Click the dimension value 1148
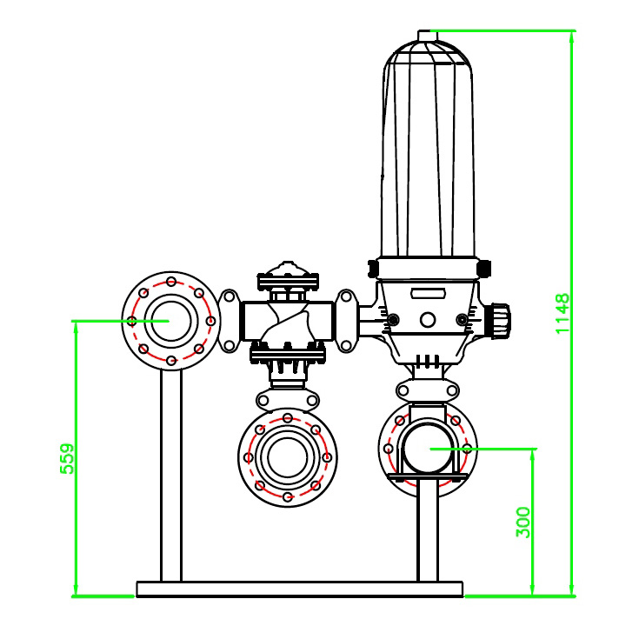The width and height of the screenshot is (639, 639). [562, 313]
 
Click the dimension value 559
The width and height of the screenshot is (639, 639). [67, 458]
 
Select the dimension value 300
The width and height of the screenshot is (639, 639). [523, 522]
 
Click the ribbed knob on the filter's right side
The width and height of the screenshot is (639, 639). [500, 321]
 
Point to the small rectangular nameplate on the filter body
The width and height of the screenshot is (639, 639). [428, 294]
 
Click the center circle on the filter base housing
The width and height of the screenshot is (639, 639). [428, 320]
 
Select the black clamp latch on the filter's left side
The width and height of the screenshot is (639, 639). [373, 269]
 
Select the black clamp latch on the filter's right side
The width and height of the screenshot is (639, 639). [483, 269]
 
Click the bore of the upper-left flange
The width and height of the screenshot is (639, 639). [171, 321]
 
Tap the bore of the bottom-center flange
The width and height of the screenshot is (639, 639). [287, 457]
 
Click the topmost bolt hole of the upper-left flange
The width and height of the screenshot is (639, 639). [171, 282]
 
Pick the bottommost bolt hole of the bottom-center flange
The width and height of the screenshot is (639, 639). [288, 496]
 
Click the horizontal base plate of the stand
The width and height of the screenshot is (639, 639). [300, 589]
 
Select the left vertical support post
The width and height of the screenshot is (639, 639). [171, 476]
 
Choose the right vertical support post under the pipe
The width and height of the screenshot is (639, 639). [428, 530]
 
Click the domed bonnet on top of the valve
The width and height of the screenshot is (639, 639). [288, 270]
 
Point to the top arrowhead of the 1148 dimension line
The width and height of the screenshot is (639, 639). [571, 37]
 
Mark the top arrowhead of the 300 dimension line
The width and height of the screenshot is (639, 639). [532, 455]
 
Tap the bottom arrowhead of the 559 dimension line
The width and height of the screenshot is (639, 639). [76, 590]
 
